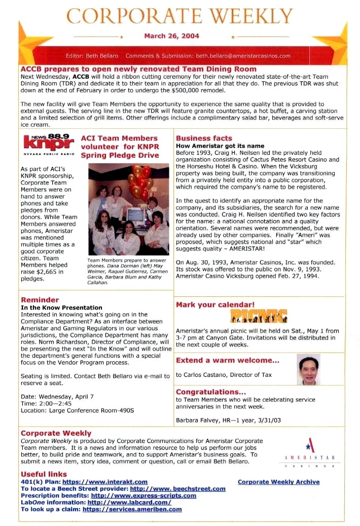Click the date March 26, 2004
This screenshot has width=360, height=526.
coord(171,36)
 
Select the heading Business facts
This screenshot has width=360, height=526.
coord(204,138)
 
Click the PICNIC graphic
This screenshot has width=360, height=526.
coord(259,316)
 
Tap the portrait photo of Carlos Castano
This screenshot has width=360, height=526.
coord(308,369)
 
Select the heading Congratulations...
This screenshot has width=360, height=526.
coord(210,392)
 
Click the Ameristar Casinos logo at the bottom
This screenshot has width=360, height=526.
coord(309,453)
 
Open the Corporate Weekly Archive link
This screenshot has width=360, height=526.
coord(278,482)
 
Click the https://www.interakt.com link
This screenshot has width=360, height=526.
coord(105,482)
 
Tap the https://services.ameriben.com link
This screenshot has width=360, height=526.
coord(132,509)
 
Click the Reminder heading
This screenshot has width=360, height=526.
coord(40,300)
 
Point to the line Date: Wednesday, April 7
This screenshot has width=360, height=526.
coord(57,396)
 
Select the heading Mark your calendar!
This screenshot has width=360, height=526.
coord(215,305)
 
